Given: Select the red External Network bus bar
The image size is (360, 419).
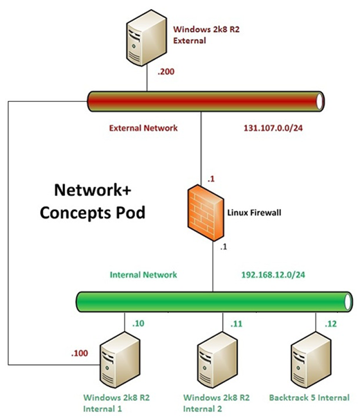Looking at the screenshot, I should click(x=208, y=102).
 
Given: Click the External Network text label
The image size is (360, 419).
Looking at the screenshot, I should click(x=143, y=128).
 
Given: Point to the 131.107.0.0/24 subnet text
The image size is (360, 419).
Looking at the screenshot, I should click(x=273, y=128).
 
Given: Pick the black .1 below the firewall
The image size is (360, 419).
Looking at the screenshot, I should click(x=223, y=247).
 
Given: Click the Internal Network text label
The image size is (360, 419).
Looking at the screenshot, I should click(x=144, y=274).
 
